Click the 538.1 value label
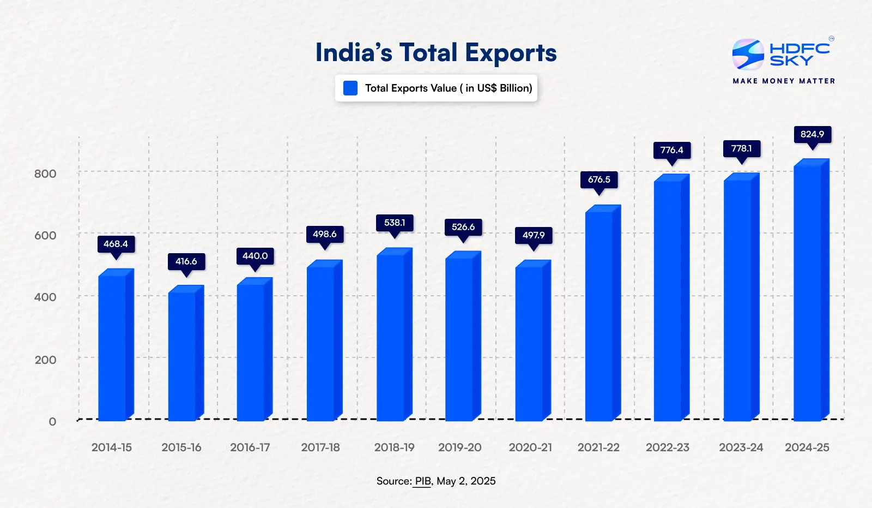click(395, 223)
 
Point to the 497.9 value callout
click(534, 235)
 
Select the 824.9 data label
click(812, 134)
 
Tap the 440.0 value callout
click(255, 256)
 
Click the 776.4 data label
click(671, 150)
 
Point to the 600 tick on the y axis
click(45, 236)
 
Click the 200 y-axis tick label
click(45, 360)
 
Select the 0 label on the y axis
click(52, 422)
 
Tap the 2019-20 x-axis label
click(459, 447)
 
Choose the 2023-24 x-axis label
click(741, 447)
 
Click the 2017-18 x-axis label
click(320, 447)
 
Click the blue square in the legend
click(350, 88)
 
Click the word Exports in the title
click(511, 53)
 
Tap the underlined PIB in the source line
click(422, 481)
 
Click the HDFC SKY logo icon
click(748, 54)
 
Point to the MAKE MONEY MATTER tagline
click(784, 81)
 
